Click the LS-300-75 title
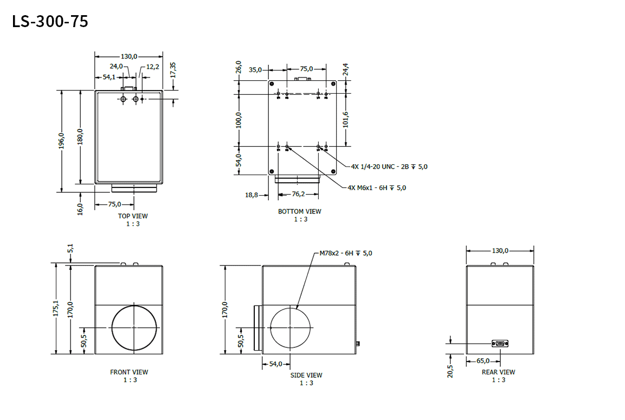(50, 22)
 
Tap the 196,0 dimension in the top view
(61, 141)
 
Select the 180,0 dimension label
(80, 137)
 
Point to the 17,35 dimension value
(172, 70)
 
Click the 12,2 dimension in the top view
(153, 67)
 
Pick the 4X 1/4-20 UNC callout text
(389, 166)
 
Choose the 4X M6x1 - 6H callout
(377, 188)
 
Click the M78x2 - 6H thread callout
(346, 253)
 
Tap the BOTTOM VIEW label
(300, 211)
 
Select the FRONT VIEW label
(129, 372)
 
